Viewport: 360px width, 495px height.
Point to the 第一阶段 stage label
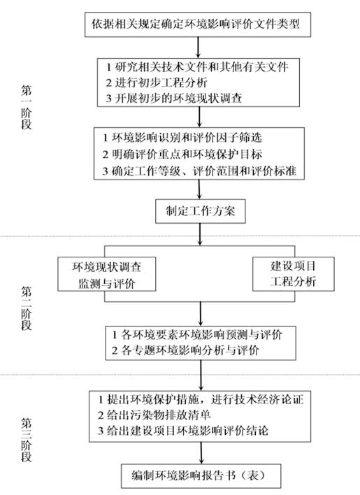27,107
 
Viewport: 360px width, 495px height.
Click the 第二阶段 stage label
27,308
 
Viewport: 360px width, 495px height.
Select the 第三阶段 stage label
27,440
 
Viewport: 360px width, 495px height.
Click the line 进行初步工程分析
157,82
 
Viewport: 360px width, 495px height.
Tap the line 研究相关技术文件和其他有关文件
197,67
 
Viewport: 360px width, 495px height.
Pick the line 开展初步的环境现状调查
174,99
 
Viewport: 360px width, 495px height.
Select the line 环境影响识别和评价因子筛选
182,138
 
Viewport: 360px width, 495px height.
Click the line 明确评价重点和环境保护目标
182,154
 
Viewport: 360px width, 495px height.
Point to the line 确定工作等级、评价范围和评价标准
199,171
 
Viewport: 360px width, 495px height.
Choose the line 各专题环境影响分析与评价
185,350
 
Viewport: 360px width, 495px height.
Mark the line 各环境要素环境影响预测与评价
197,335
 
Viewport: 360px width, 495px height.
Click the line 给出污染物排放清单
154,415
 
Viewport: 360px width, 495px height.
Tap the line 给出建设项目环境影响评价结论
183,431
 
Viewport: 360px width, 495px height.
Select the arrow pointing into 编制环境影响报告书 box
201,452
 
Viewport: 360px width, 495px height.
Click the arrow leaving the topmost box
199,48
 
